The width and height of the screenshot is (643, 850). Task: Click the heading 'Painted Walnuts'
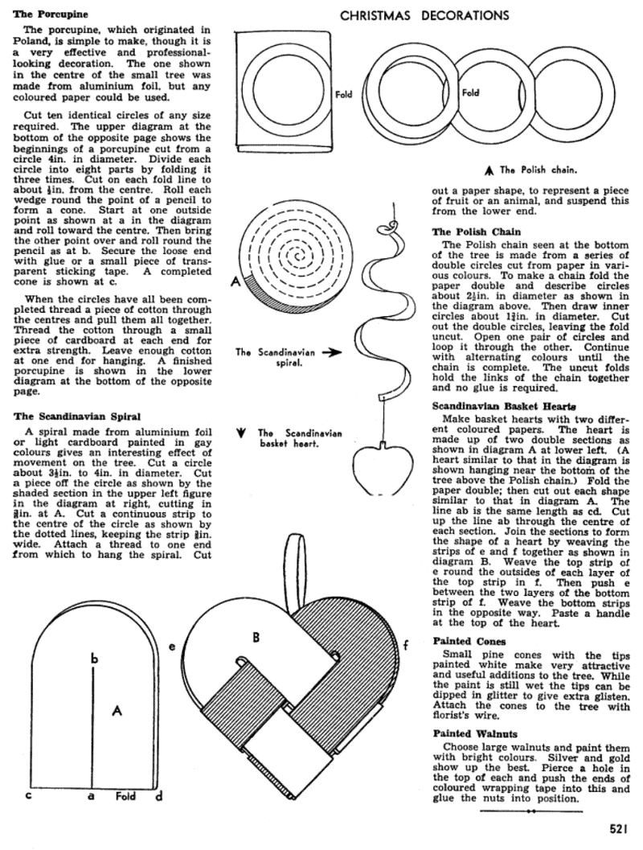(473, 733)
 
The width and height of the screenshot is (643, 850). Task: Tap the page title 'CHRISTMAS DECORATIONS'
(424, 14)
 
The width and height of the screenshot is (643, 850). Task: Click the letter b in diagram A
(94, 659)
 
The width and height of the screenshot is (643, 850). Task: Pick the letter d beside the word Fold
(158, 797)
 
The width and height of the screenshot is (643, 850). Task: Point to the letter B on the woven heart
(256, 638)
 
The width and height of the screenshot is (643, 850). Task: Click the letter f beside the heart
(406, 644)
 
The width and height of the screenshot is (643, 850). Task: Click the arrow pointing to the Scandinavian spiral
(331, 351)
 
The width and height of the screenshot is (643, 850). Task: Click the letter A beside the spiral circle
(236, 281)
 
